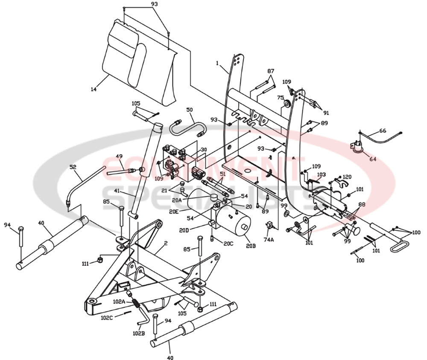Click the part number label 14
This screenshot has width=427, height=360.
click(x=94, y=89)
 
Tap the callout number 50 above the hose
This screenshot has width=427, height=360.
click(x=190, y=110)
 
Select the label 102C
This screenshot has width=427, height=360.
click(x=107, y=317)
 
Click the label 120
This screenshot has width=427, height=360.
click(x=347, y=176)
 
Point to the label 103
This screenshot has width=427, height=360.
click(x=321, y=175)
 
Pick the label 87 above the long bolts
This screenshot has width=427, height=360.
click(x=271, y=71)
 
